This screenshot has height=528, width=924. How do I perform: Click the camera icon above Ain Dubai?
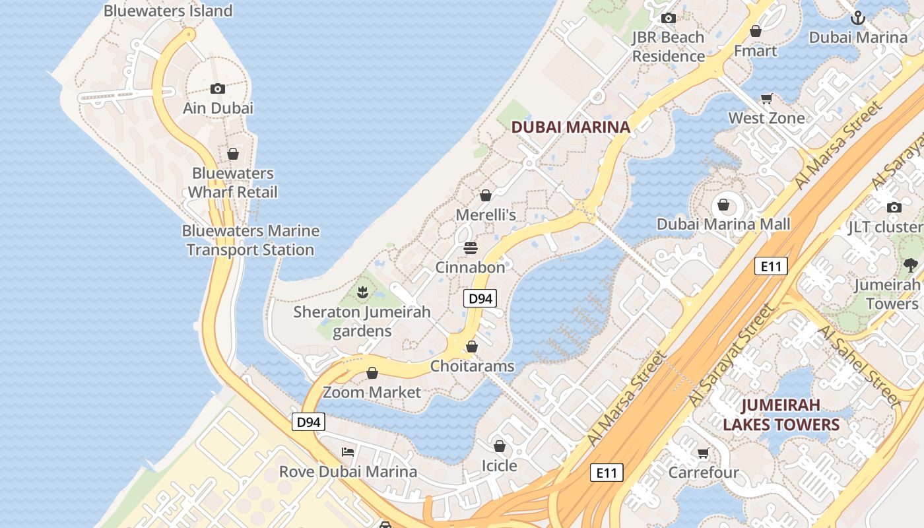click(x=217, y=88)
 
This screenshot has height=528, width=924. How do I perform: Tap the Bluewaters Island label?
click(x=168, y=11)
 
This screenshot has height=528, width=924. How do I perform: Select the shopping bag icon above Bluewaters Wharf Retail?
click(x=233, y=154)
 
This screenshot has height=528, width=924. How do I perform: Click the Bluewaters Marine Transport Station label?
click(x=250, y=240)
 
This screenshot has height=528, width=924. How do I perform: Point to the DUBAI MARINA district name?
click(x=571, y=127)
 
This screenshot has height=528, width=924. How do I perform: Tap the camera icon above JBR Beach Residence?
click(x=669, y=18)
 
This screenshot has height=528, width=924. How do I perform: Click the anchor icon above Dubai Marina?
click(x=857, y=18)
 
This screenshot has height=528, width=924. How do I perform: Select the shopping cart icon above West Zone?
click(x=766, y=99)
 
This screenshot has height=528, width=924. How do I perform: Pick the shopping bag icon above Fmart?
click(x=756, y=31)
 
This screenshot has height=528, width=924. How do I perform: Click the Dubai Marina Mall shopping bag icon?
click(x=723, y=205)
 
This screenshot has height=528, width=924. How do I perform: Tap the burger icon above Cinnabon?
click(x=470, y=248)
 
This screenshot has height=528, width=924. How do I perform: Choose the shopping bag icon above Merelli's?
click(x=486, y=195)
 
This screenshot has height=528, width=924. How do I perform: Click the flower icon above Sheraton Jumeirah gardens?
click(x=362, y=291)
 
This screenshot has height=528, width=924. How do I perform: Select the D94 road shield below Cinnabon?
click(x=480, y=298)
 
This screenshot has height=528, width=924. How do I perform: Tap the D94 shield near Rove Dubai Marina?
click(x=309, y=422)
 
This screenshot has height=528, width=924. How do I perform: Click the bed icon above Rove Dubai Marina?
click(x=348, y=452)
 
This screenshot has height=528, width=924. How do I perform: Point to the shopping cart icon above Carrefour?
click(x=703, y=453)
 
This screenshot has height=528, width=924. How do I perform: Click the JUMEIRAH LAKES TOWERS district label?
click(x=781, y=414)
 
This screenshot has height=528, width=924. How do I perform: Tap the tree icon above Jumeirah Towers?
click(x=911, y=265)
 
